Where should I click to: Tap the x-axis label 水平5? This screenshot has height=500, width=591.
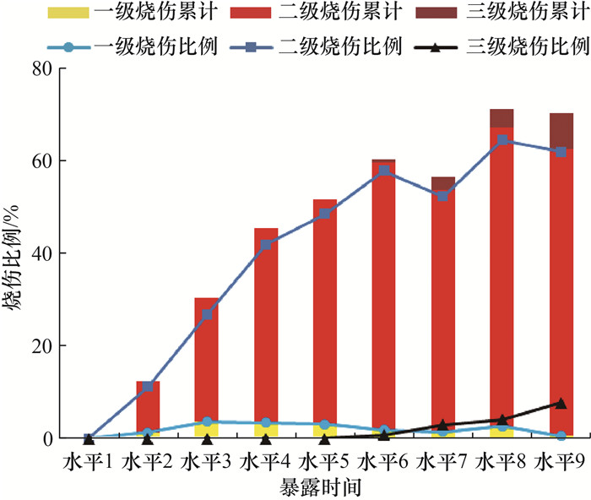(325, 462)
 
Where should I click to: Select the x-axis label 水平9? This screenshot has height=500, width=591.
(561, 462)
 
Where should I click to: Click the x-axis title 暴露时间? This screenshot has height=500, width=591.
(325, 486)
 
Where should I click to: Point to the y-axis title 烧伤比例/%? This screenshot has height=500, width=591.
(16, 253)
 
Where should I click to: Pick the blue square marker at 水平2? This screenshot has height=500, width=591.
(148, 387)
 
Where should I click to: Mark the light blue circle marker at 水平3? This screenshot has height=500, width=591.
(207, 421)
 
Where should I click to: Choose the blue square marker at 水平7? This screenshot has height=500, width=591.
(443, 196)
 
